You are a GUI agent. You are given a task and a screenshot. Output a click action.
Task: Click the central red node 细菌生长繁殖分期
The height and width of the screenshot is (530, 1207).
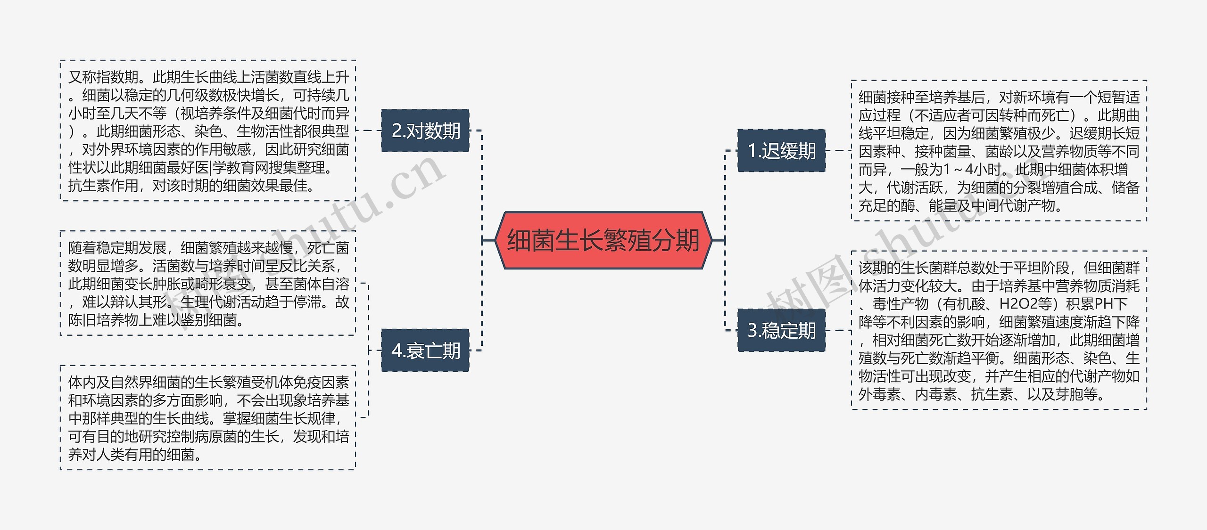(x=603, y=240)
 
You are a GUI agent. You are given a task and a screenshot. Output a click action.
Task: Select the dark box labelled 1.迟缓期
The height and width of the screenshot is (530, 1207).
(x=781, y=151)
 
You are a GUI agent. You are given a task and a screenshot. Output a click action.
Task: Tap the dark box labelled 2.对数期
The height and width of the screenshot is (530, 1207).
(x=425, y=130)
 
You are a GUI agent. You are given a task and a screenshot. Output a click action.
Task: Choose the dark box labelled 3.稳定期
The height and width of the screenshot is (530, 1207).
(x=781, y=330)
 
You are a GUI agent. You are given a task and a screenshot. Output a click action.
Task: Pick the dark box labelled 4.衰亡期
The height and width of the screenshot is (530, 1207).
(x=425, y=351)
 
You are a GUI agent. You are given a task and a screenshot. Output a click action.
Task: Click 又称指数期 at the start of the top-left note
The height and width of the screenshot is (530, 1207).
(x=104, y=77)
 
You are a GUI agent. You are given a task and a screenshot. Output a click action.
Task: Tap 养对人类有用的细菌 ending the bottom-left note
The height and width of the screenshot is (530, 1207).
(x=132, y=455)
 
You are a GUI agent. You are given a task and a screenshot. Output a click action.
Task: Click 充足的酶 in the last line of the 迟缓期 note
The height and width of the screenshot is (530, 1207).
(x=886, y=205)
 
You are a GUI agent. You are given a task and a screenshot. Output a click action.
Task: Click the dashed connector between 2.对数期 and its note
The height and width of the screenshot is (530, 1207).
(x=368, y=130)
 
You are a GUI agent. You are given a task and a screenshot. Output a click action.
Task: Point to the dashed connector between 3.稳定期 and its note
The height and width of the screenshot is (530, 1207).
(x=838, y=330)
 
